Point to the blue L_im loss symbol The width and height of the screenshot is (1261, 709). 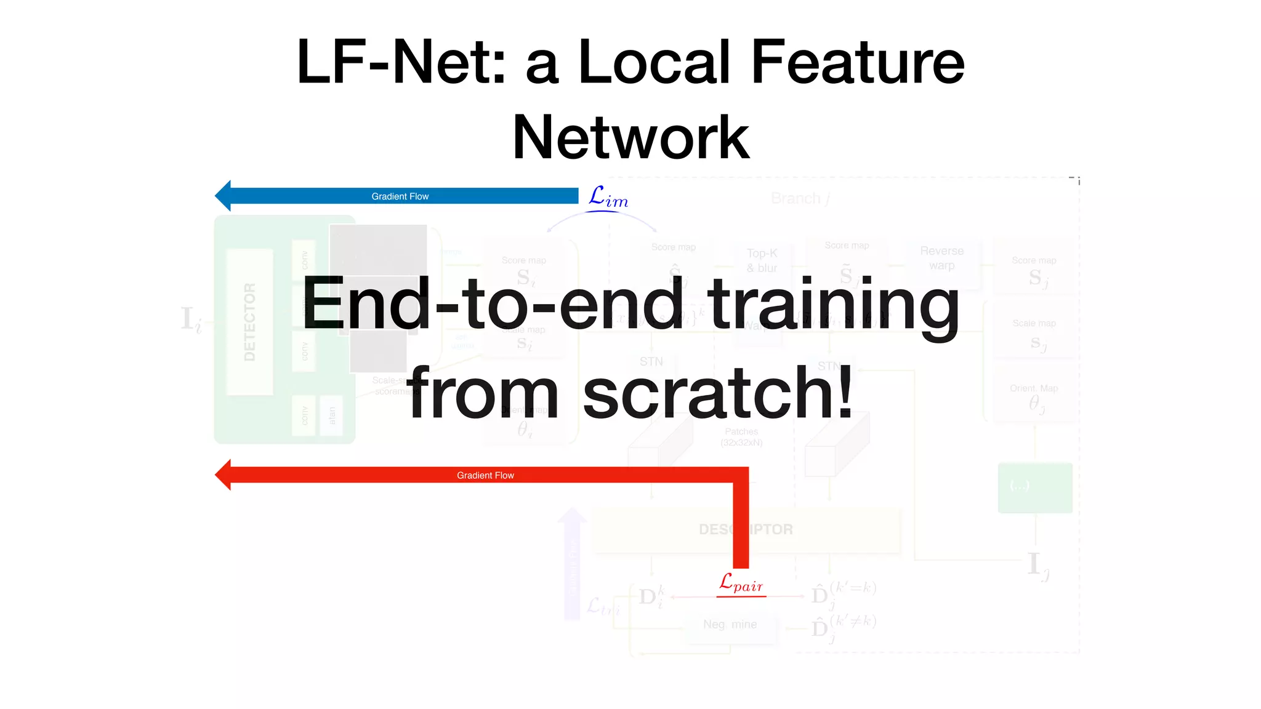[x=608, y=198]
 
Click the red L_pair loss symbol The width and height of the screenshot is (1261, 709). [x=741, y=582]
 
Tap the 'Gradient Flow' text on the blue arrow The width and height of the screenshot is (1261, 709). [x=400, y=196]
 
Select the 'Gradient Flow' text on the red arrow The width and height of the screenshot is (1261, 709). [x=485, y=475]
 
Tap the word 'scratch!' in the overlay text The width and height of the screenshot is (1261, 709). [x=718, y=392]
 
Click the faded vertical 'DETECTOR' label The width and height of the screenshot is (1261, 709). [x=249, y=322]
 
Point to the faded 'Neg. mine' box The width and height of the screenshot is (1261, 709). [x=730, y=624]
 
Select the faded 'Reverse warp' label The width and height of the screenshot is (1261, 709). [x=941, y=258]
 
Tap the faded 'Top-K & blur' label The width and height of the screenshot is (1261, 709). [x=762, y=260]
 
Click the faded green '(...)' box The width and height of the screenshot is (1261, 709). [x=1034, y=487]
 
